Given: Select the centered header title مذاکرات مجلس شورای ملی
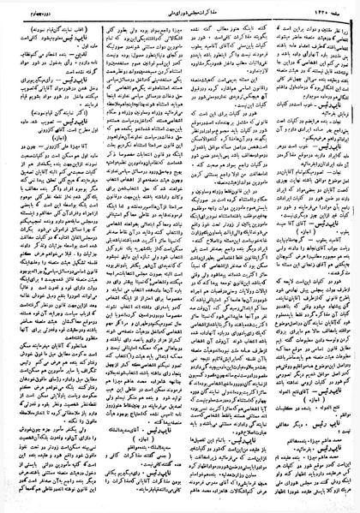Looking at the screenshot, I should (183, 8).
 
